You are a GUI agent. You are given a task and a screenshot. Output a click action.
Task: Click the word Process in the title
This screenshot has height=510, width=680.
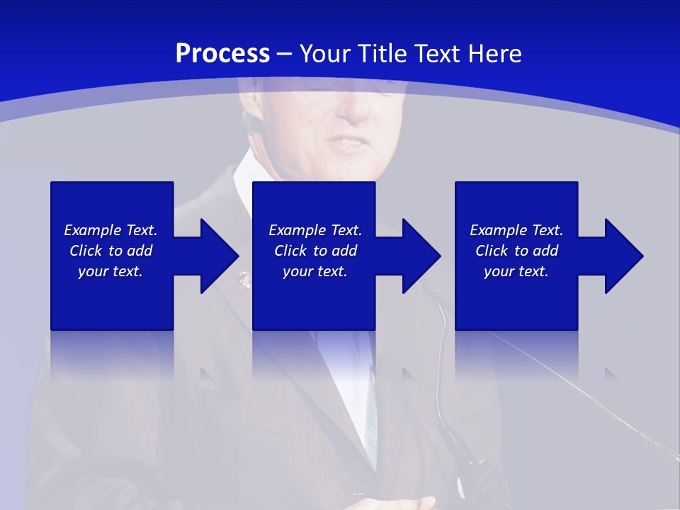(222, 54)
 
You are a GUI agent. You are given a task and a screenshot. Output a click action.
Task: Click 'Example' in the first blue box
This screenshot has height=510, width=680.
(92, 230)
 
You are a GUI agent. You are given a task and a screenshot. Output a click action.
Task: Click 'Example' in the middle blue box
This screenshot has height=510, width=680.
(297, 230)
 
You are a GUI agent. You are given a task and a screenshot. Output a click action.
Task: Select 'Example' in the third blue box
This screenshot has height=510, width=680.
(498, 230)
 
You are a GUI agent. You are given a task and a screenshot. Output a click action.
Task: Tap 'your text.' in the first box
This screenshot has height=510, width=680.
(110, 271)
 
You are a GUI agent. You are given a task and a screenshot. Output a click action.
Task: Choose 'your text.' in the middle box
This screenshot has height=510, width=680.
(315, 271)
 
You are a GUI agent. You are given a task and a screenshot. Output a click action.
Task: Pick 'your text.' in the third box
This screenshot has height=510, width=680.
(516, 271)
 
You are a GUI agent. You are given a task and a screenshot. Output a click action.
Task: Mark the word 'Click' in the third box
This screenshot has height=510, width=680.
(492, 251)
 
